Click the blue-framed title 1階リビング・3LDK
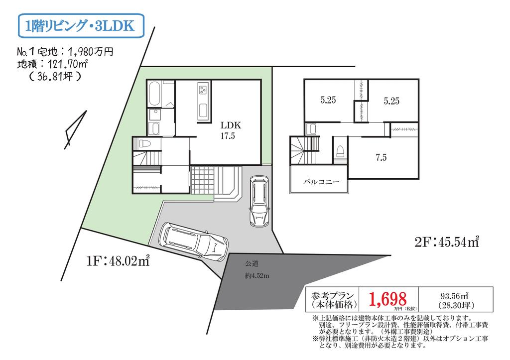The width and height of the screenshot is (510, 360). coord(81,26)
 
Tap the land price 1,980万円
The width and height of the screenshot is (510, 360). coord(91,51)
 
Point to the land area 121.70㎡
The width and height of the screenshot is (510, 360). coord(67,64)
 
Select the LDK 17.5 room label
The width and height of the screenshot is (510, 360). coord(230,130)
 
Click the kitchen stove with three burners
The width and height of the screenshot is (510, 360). coord(203,89)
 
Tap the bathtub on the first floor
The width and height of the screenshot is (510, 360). coord(154,94)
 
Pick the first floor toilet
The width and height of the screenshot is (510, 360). coord(145,143)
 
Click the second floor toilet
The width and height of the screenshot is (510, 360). coord(340,151)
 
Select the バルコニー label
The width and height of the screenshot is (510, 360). coord(321,182)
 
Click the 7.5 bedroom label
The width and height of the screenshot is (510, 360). coord(381,158)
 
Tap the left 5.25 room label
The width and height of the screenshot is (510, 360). coord(328,100)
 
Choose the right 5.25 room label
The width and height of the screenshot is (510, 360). coord(391,101)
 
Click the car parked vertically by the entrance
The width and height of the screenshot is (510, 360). coord(258,201)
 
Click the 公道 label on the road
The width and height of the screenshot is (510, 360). coord(252,263)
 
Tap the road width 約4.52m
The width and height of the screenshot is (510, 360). coord(257,276)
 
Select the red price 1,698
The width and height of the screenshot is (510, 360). coord(387,299)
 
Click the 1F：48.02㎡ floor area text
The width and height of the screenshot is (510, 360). coord(118,261)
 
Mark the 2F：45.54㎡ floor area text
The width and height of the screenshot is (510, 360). coord(447,242)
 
